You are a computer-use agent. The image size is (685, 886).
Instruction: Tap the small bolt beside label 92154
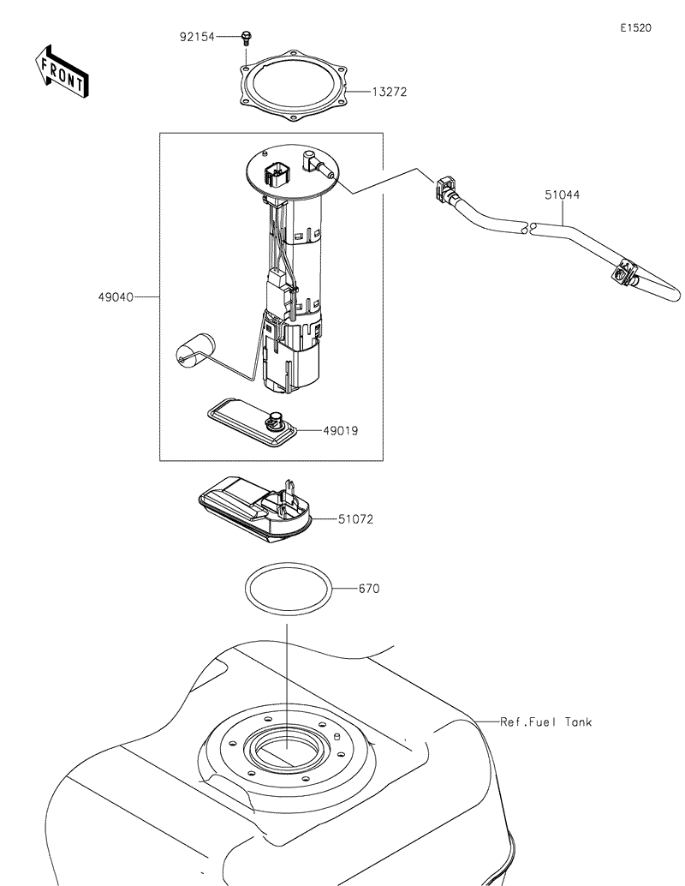click(x=247, y=37)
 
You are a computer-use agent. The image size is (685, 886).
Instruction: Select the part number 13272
click(x=389, y=91)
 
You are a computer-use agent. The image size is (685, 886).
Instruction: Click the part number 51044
click(x=562, y=195)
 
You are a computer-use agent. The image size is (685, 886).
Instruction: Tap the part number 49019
click(x=341, y=430)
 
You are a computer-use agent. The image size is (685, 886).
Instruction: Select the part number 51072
click(x=355, y=519)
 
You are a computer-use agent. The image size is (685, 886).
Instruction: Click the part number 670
click(x=369, y=590)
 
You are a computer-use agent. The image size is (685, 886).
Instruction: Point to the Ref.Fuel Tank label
click(x=546, y=722)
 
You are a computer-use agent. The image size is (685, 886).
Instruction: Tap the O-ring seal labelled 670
click(x=288, y=590)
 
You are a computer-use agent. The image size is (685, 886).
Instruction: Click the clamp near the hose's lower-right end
click(x=626, y=273)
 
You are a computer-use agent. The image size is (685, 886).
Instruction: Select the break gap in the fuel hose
click(x=527, y=228)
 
